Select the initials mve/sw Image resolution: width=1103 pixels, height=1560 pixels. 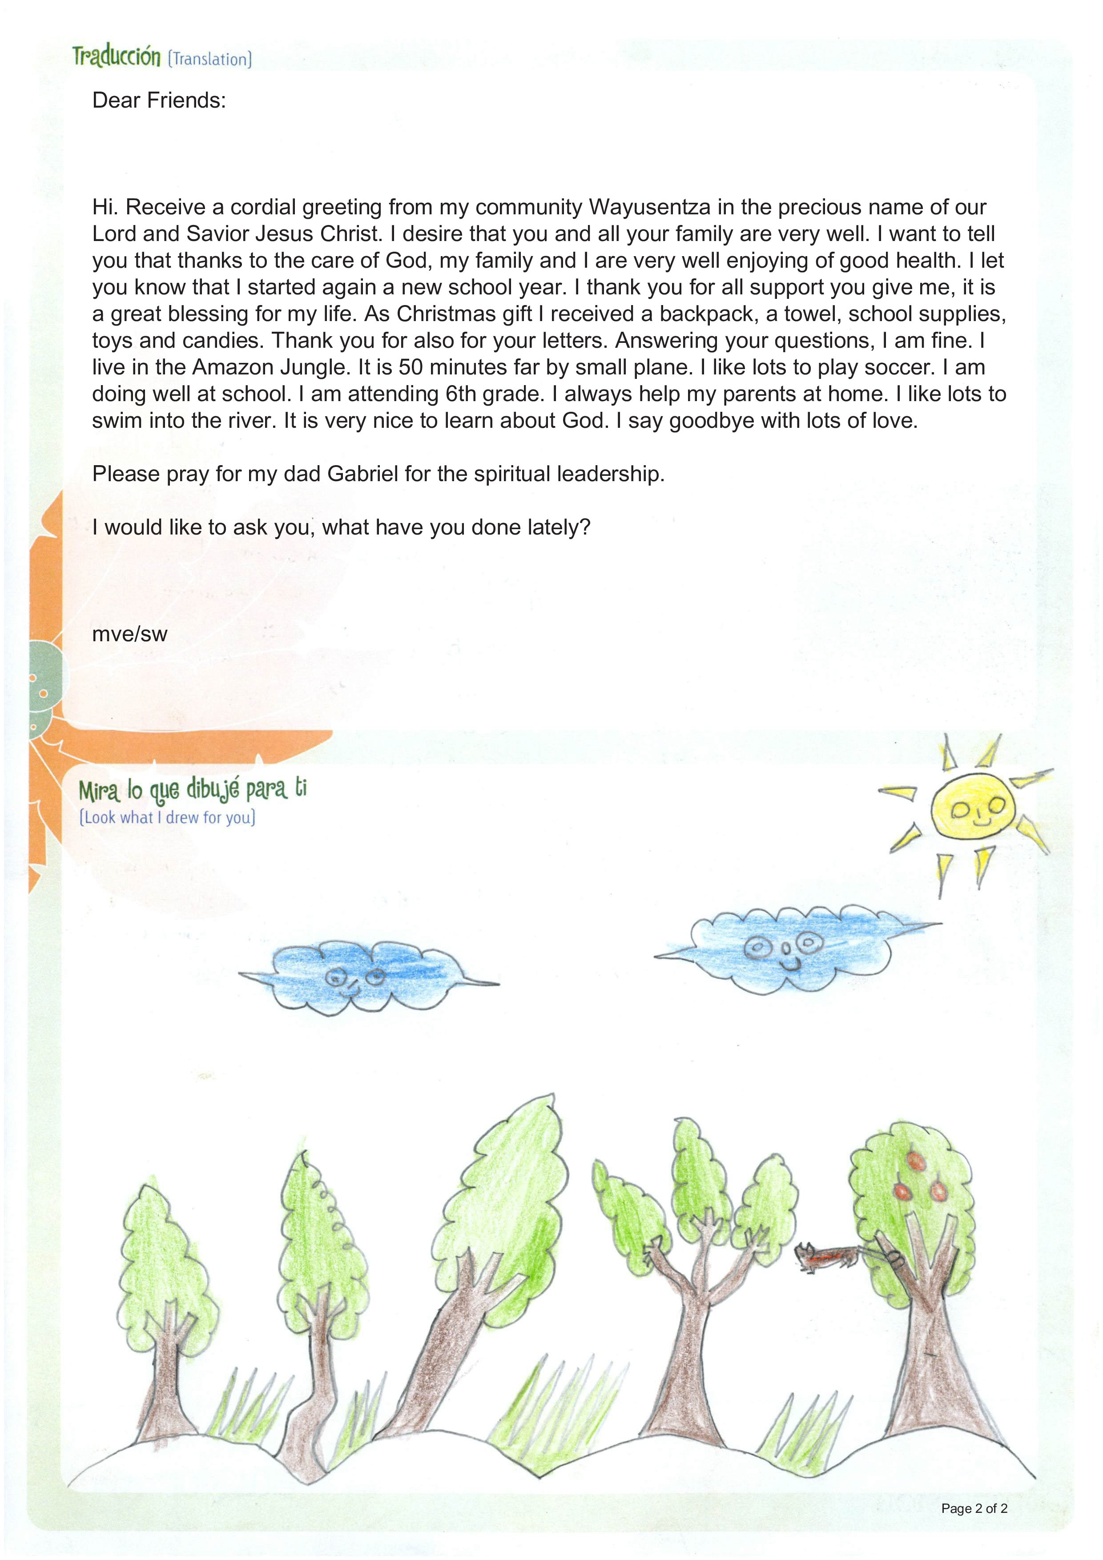130,634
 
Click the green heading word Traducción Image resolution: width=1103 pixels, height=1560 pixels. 117,56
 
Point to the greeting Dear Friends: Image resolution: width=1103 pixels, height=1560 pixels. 159,101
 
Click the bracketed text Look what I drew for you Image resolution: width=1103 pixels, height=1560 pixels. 167,817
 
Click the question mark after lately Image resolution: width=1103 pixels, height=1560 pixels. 585,527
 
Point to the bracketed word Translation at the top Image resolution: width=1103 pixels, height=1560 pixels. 210,60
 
